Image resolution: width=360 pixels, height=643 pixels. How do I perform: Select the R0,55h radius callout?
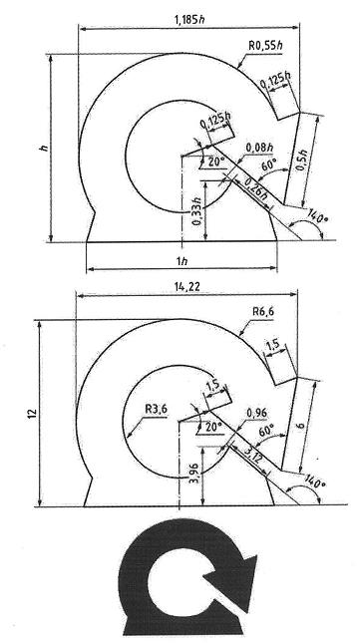point(265,45)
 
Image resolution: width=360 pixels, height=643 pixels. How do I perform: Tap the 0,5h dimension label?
point(310,158)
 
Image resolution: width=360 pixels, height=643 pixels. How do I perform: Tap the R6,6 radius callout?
point(263,311)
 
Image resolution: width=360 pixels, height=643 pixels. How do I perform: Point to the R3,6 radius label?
point(157,409)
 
